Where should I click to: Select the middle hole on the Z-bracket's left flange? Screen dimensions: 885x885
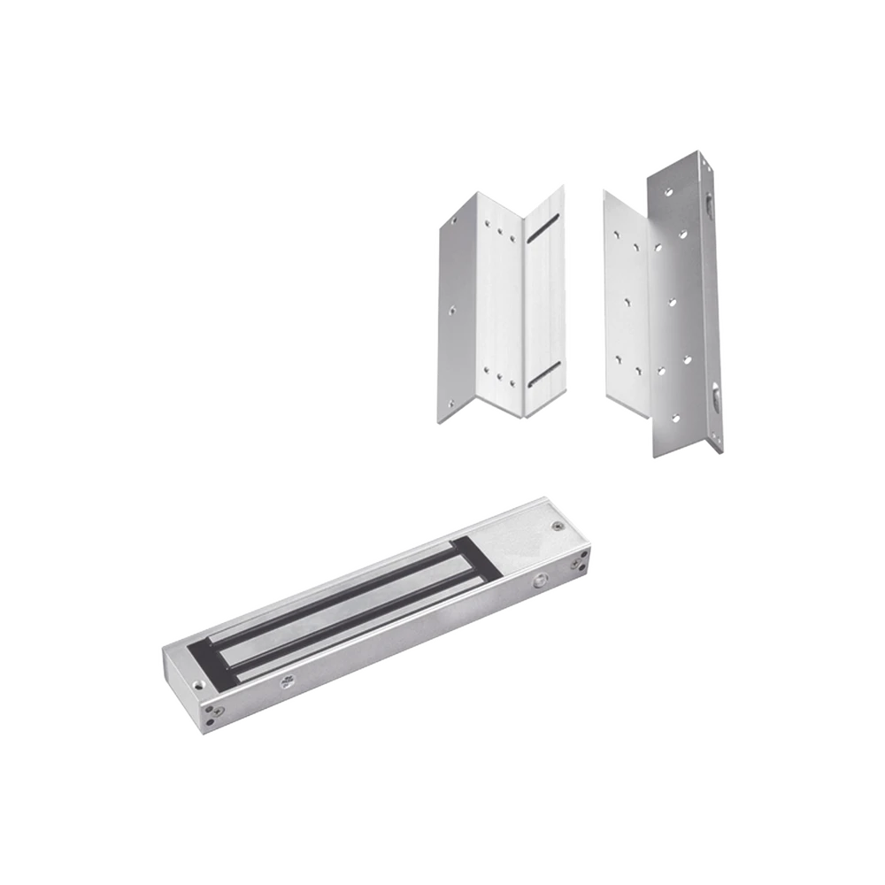point(451,312)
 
